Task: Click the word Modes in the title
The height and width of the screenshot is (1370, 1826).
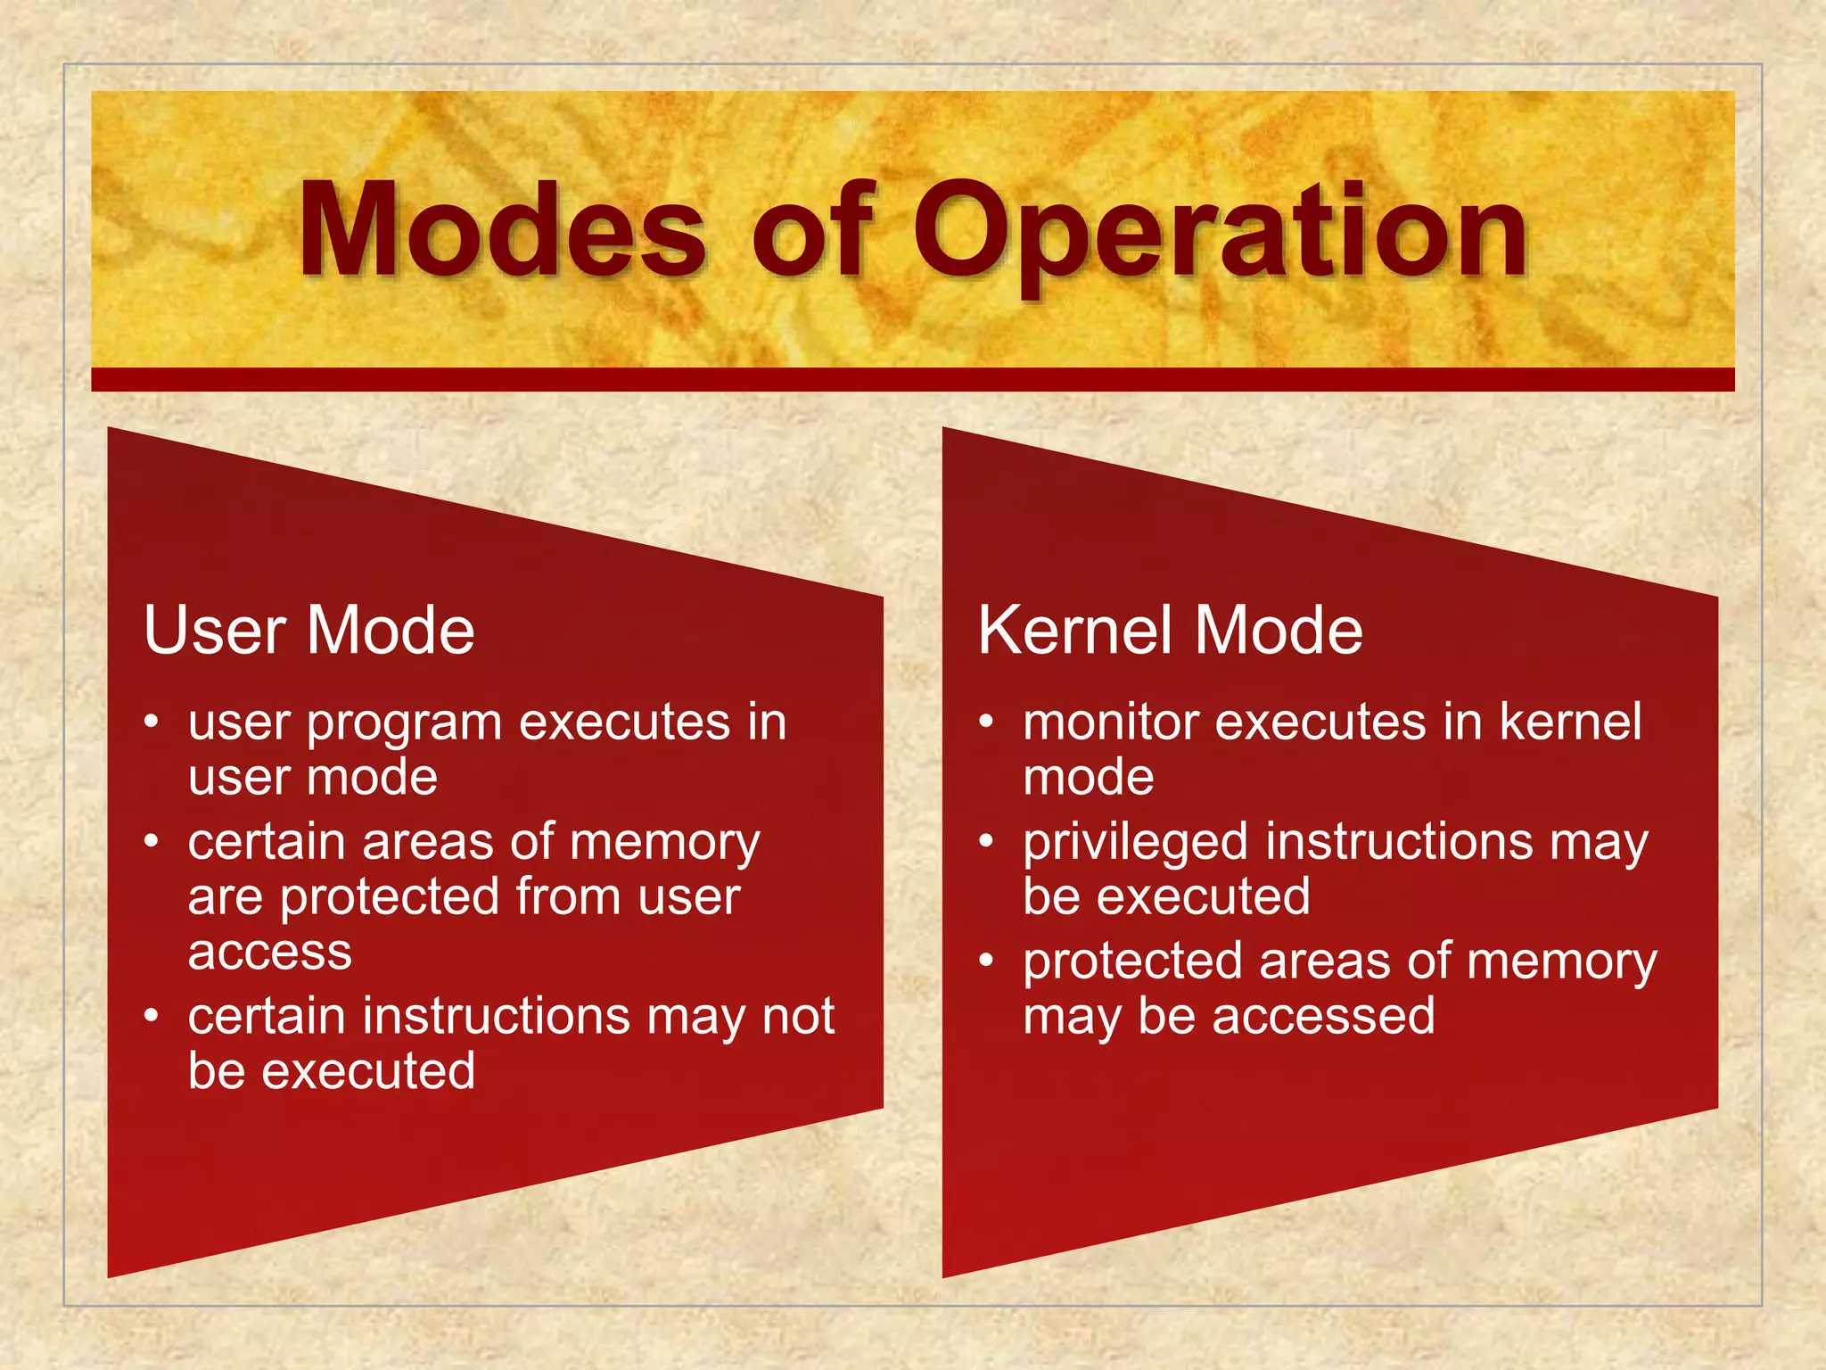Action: (502, 230)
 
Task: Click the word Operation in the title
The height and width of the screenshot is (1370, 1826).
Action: (1221, 232)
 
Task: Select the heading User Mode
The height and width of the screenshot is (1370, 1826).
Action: (308, 631)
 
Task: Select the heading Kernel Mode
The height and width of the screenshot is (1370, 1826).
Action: (1170, 631)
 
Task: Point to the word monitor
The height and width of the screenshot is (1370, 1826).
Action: (1110, 722)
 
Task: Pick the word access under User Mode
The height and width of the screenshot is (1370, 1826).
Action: (270, 953)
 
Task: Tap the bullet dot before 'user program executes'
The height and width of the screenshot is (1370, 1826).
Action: (152, 721)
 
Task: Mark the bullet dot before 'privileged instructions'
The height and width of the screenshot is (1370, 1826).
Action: (986, 840)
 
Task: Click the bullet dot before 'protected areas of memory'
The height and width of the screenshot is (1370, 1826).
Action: (986, 960)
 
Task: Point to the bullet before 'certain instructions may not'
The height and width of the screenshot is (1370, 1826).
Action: (152, 1015)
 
